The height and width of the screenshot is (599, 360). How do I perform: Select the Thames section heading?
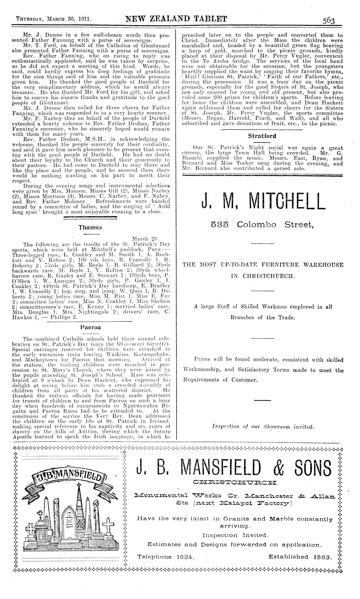point(90,227)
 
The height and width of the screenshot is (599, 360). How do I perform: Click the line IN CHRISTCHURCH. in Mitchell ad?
point(262,276)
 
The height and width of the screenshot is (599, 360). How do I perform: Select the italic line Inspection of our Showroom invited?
point(262,426)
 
